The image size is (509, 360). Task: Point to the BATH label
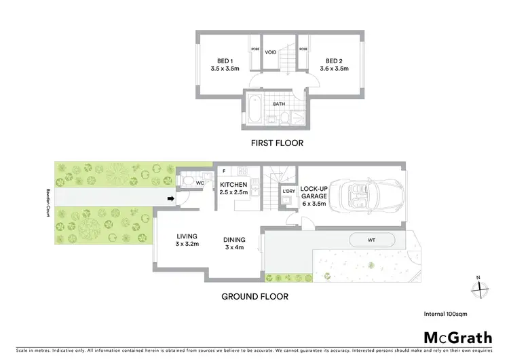pos(279,104)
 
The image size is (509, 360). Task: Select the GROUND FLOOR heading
pos(254,297)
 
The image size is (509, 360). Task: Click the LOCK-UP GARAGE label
pos(314,195)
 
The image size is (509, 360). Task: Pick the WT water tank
pos(371,240)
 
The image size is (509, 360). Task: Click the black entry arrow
pos(172,199)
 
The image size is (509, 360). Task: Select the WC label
pos(200,183)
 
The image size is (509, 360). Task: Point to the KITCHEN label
pos(233,188)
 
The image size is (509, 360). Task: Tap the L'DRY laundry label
pos(288,191)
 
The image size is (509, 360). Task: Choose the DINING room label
pos(234,243)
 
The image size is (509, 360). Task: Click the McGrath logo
pos(457,337)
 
